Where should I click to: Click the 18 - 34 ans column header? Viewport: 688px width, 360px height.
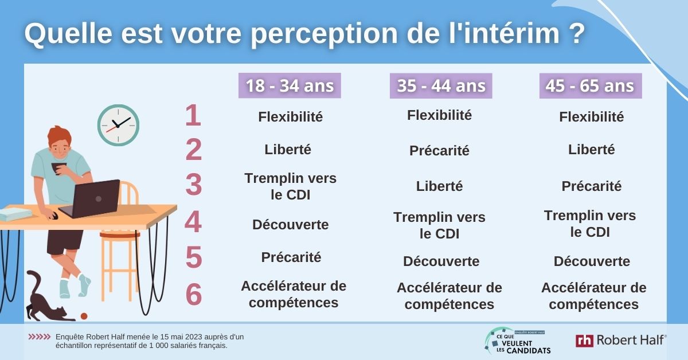290,85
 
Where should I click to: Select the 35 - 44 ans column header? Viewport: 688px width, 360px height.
441,85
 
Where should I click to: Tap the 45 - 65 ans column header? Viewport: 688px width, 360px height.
591,85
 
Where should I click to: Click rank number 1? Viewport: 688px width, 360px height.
193,115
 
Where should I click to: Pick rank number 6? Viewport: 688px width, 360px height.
194,294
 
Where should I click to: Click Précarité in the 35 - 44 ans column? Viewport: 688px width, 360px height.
439,151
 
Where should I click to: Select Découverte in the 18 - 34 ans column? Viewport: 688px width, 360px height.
291,225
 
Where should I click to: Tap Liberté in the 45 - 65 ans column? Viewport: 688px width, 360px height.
592,150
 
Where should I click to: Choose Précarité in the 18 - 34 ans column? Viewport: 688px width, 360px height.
291,257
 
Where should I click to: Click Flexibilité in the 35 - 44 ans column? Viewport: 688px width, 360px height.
440,115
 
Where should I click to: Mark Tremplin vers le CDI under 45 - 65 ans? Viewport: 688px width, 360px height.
590,224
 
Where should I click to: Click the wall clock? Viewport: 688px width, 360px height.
118,125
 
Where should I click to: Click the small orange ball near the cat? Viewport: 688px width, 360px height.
84,316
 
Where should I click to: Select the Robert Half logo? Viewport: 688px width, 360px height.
621,341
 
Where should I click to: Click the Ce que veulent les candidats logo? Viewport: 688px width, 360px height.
518,341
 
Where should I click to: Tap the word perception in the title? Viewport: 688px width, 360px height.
324,34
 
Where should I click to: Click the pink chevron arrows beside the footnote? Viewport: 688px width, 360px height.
40,337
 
